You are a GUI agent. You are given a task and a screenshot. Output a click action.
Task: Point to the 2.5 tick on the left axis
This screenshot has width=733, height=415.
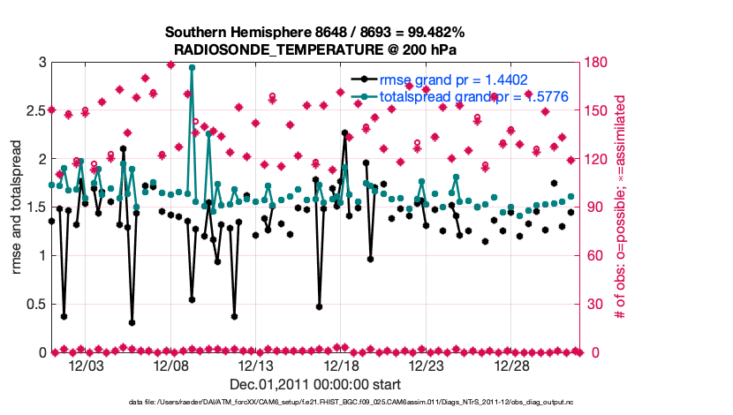point(34,111)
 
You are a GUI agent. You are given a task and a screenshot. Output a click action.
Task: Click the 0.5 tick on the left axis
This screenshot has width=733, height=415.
point(34,305)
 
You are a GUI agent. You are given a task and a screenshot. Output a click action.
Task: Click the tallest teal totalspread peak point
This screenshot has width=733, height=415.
point(192,67)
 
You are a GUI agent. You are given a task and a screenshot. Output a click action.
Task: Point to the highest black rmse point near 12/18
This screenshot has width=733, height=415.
point(344,132)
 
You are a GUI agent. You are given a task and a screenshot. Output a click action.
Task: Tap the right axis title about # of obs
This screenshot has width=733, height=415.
point(620,207)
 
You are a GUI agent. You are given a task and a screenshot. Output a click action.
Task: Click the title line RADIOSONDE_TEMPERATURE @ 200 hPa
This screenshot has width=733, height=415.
point(314,49)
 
